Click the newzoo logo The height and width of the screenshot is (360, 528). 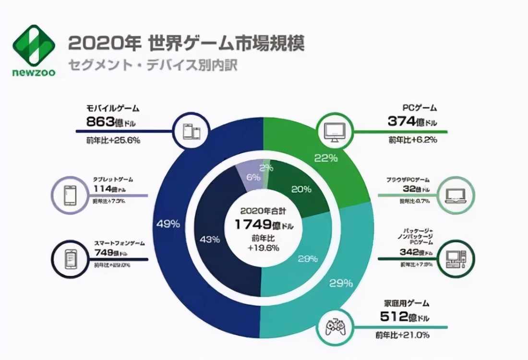(34, 50)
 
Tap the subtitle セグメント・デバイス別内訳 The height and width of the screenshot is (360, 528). (153, 65)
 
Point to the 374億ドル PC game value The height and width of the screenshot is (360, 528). (412, 122)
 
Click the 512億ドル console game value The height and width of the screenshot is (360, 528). (406, 317)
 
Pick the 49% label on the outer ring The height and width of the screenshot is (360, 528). (168, 224)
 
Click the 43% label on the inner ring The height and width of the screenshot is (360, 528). (210, 239)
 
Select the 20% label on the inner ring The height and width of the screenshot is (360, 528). (301, 189)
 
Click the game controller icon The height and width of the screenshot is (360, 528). (335, 327)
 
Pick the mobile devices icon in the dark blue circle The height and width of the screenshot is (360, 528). (191, 131)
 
